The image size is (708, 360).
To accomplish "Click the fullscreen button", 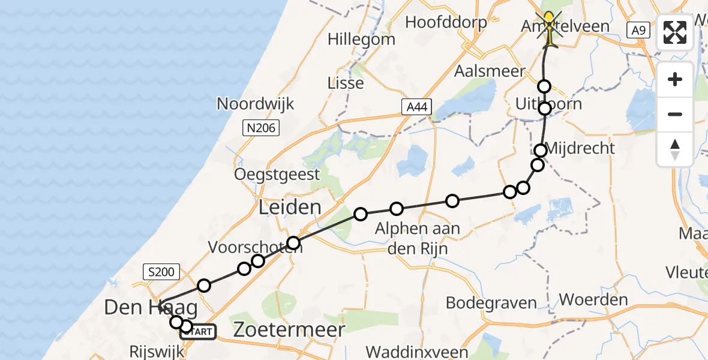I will click(675, 33).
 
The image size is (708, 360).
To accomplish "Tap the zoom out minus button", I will click(675, 114).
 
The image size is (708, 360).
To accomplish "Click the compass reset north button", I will click(675, 149).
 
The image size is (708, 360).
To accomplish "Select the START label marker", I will click(198, 331).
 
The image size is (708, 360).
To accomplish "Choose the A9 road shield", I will click(637, 29).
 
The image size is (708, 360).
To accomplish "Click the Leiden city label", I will click(290, 208).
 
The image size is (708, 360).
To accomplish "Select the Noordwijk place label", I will click(255, 104).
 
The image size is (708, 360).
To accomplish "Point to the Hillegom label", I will click(361, 40).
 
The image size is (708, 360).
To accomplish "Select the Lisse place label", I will click(346, 83).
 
